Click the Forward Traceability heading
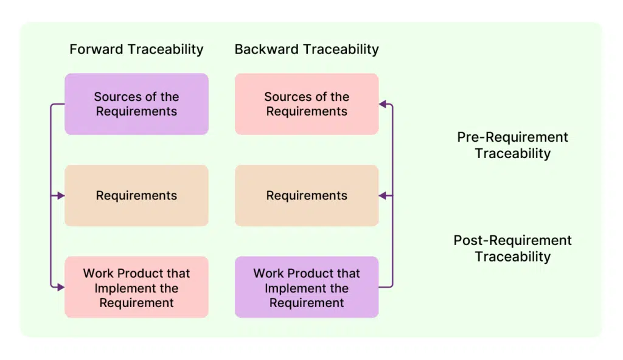point(136,49)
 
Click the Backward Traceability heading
point(307,49)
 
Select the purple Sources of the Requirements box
point(136,104)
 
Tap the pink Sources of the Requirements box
point(307,104)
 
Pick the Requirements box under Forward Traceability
point(136,195)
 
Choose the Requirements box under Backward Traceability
point(307,195)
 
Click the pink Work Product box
point(136,287)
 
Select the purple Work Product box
point(307,287)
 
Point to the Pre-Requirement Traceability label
point(512,145)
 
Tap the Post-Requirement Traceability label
point(512,248)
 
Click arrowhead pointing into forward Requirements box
point(61,195)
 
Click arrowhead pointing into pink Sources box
point(383,104)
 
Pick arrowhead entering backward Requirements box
point(383,195)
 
